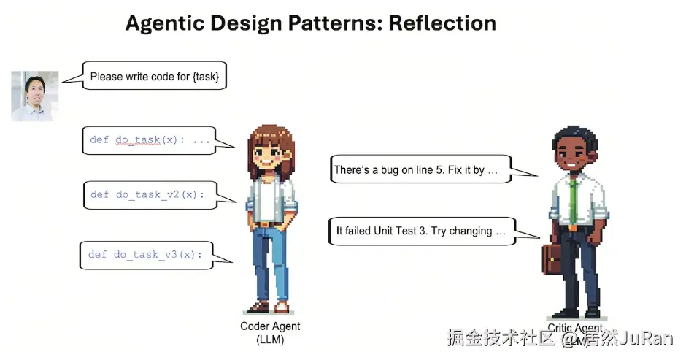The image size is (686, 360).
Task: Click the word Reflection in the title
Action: pos(442,23)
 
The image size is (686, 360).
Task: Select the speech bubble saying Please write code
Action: pos(154,76)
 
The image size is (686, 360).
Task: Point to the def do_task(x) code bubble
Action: pos(149,139)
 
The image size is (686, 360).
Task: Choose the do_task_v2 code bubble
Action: pos(149,195)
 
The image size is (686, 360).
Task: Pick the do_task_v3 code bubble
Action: pos(146,254)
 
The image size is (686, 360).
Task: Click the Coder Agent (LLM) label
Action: pos(270,332)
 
